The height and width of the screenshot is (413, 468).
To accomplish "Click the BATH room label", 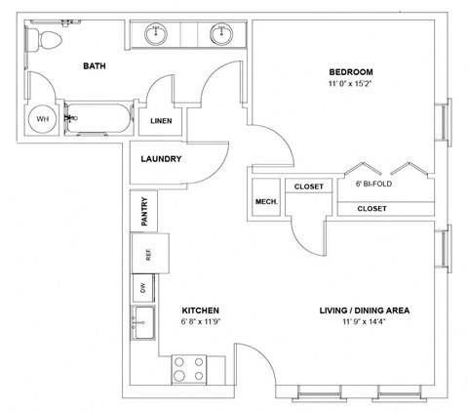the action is [95, 66].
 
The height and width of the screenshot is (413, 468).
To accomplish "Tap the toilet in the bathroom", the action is [45, 40].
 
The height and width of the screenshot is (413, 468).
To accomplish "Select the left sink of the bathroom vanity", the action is [156, 34].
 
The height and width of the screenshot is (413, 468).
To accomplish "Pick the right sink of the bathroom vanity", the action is [221, 34].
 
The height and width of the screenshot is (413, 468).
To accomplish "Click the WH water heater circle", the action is [43, 119].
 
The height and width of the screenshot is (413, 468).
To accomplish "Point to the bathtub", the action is [99, 118].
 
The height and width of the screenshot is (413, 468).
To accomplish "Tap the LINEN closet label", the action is [161, 121].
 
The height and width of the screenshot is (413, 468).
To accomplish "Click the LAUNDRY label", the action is [161, 159].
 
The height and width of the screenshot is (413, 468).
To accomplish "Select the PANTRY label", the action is [144, 212].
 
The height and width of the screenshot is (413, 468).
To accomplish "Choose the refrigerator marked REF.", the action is [150, 254].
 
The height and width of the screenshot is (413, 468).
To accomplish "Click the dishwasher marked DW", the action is [143, 288].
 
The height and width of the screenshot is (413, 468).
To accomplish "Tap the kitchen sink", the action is [143, 322].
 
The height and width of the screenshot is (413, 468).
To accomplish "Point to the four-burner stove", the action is [189, 369].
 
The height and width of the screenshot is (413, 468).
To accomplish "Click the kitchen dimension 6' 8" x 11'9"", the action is [201, 322].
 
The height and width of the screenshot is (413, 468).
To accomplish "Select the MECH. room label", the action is [266, 202].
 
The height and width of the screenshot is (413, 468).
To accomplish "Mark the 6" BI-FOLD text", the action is [373, 184].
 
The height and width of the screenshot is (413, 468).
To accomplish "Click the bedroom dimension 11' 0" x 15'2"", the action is [350, 84].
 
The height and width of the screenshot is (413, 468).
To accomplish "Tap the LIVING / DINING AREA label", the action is [365, 310].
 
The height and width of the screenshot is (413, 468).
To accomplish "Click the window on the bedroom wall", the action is [444, 122].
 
